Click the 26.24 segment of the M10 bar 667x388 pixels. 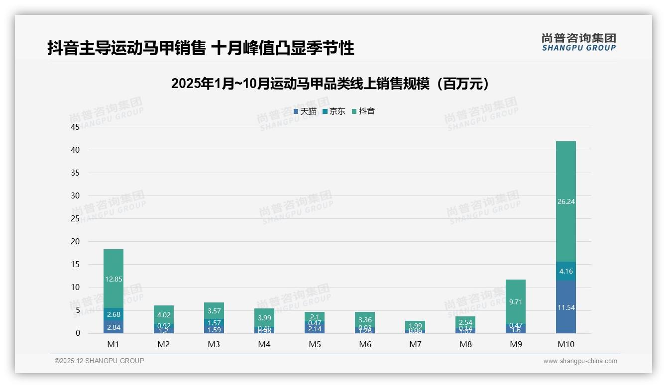tap(566, 201)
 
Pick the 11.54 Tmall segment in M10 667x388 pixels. tap(566, 307)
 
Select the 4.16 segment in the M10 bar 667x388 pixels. tap(566, 271)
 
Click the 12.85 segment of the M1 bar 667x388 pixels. tap(113, 279)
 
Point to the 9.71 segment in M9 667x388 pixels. tap(516, 302)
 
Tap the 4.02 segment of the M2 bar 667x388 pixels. tap(164, 314)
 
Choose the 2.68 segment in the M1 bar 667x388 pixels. tap(113, 314)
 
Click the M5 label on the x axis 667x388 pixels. tap(315, 344)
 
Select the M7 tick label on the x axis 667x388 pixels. tap(415, 344)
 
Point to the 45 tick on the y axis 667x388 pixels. tap(75, 127)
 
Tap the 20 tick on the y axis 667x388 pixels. tap(75, 241)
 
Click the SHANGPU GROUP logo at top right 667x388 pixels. tap(578, 42)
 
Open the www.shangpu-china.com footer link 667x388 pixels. tap(580, 361)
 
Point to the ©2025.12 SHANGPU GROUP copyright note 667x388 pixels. tap(100, 361)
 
